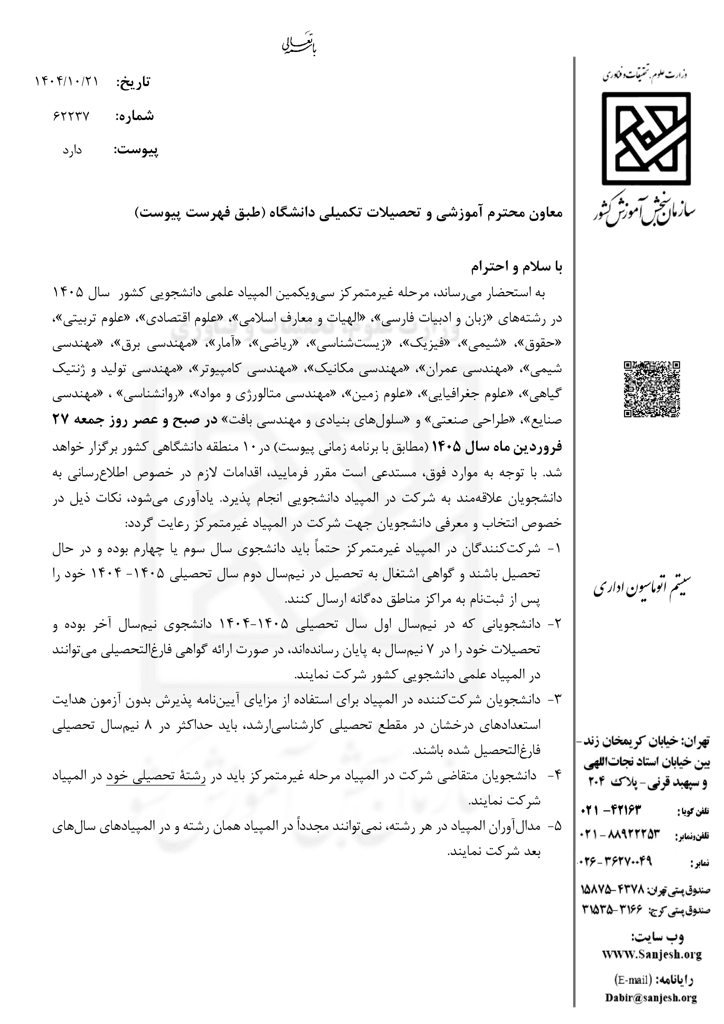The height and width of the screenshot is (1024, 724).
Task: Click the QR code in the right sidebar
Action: click(x=651, y=389)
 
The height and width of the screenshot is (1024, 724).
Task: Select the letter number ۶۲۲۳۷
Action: click(x=71, y=116)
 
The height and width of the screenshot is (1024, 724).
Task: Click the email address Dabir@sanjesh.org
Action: click(x=651, y=998)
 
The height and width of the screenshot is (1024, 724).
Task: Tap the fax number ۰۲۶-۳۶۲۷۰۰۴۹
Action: click(x=616, y=861)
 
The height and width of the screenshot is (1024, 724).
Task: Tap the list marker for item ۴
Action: click(x=553, y=776)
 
